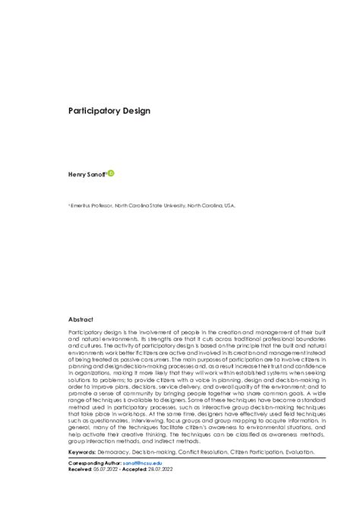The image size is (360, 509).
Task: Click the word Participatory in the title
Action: (x=95, y=111)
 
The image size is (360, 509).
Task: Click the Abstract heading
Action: (x=81, y=321)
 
